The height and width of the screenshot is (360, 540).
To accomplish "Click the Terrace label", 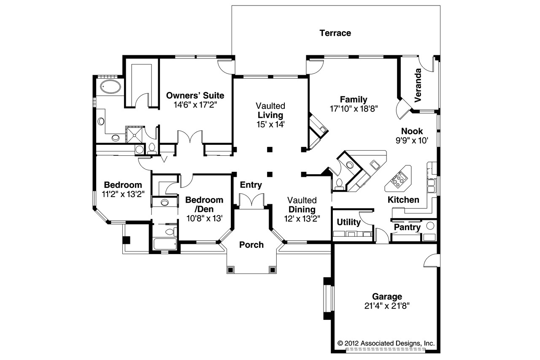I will pyautogui.click(x=335, y=33).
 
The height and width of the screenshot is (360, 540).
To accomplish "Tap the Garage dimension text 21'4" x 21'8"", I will pyautogui.click(x=387, y=306).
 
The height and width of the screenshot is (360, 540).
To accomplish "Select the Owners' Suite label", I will pyautogui.click(x=195, y=95).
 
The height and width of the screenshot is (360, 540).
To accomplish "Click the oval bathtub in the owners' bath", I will pyautogui.click(x=110, y=87).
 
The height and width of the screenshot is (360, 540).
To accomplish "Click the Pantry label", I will pyautogui.click(x=407, y=227).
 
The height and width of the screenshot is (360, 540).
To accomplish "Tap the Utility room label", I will pyautogui.click(x=349, y=222).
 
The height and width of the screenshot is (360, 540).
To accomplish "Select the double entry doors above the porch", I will pyautogui.click(x=251, y=200).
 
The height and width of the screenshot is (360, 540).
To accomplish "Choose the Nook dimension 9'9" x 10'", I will pyautogui.click(x=412, y=141).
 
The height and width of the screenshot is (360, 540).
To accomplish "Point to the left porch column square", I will pyautogui.click(x=231, y=269).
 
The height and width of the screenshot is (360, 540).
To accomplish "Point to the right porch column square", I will pyautogui.click(x=273, y=269).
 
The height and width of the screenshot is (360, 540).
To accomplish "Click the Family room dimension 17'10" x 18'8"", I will pyautogui.click(x=354, y=108).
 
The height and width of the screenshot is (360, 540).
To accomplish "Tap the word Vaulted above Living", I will pyautogui.click(x=270, y=106).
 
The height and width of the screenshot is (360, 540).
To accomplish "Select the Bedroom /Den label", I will pyautogui.click(x=204, y=204).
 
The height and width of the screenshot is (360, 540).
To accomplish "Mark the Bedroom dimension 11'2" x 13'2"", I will pyautogui.click(x=123, y=194).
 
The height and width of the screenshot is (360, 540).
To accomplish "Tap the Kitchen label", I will pyautogui.click(x=403, y=200).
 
